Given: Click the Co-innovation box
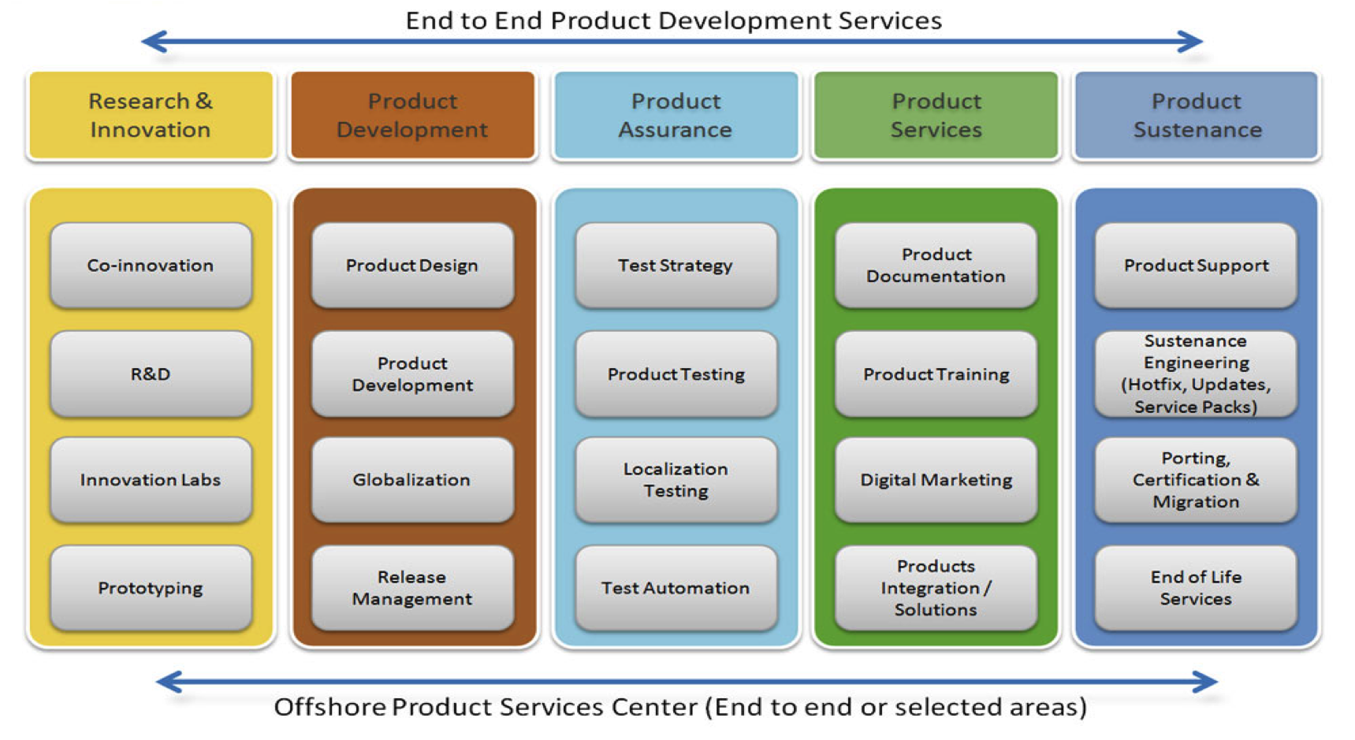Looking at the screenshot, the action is [x=151, y=265].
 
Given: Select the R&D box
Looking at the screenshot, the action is [x=151, y=374].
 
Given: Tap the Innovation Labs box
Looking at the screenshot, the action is [x=151, y=479].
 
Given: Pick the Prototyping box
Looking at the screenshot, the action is [x=151, y=588].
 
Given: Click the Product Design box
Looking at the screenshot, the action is [x=412, y=265].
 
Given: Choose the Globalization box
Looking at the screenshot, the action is [x=412, y=479].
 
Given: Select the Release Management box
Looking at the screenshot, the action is [x=412, y=588].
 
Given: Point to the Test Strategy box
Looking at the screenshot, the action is [x=676, y=265].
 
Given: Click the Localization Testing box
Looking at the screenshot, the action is [x=676, y=479].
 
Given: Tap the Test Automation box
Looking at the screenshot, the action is [x=676, y=588].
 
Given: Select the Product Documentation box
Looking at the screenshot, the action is [x=936, y=265].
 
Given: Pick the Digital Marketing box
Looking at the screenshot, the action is [x=936, y=479].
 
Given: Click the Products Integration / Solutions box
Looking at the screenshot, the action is [x=936, y=588].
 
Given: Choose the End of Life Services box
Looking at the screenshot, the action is [x=1196, y=588].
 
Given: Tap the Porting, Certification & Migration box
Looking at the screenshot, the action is [x=1196, y=479].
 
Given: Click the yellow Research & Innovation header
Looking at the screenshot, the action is [x=151, y=115].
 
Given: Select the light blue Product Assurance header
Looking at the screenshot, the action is [x=676, y=115].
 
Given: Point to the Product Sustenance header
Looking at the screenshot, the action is [x=1197, y=115].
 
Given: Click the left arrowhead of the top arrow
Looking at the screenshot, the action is [x=143, y=41].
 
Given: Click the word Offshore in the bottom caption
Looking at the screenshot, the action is [x=329, y=707].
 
